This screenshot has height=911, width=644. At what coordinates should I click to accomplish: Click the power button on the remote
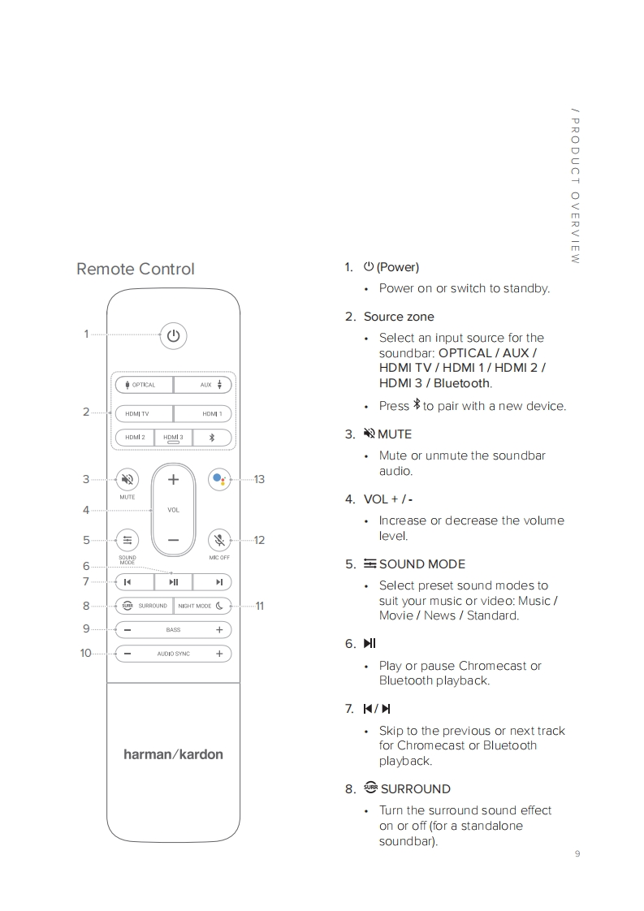coord(173,335)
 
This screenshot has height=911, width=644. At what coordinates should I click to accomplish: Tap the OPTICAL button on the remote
coord(144,385)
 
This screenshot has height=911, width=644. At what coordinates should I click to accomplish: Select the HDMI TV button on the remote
coord(144,413)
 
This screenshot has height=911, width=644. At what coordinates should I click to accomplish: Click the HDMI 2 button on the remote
coord(134,437)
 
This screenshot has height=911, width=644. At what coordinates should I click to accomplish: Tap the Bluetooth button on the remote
coord(212,437)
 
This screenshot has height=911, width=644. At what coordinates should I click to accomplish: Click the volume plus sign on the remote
coord(173,480)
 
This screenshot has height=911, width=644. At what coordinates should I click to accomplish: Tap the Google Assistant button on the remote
coord(219,479)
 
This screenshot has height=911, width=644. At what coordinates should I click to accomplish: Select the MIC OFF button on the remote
coord(219,540)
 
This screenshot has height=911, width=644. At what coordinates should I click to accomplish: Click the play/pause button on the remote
coord(173,581)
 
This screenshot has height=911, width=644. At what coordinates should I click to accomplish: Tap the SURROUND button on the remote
coord(144,606)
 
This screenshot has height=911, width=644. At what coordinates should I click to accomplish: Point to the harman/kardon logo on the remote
coord(173,754)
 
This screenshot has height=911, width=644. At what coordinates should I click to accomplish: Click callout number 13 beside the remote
coord(259,480)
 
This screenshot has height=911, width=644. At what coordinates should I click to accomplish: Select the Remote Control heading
coord(136,269)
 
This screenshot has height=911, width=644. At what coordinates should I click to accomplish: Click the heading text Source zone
coord(399,317)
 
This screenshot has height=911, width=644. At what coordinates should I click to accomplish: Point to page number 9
coord(577,853)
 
